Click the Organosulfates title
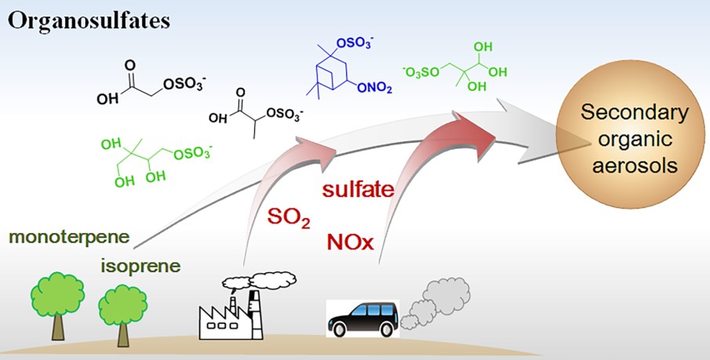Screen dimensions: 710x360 click(x=89, y=21)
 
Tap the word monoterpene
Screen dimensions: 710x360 click(x=69, y=236)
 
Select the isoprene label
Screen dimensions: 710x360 click(x=140, y=266)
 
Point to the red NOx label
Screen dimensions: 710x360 click(x=350, y=242)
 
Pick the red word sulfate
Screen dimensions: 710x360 click(x=358, y=189)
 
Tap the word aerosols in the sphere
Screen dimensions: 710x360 click(x=635, y=165)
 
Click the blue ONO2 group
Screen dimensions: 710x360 click(x=374, y=89)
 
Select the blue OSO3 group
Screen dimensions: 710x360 click(x=355, y=43)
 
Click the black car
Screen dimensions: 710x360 click(x=363, y=319)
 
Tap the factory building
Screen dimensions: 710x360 click(x=231, y=315)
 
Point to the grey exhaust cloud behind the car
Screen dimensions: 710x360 click(x=435, y=302)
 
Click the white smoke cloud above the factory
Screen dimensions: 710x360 click(x=260, y=280)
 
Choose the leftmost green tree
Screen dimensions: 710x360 click(x=57, y=305)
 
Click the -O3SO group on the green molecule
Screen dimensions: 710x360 click(x=421, y=72)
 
